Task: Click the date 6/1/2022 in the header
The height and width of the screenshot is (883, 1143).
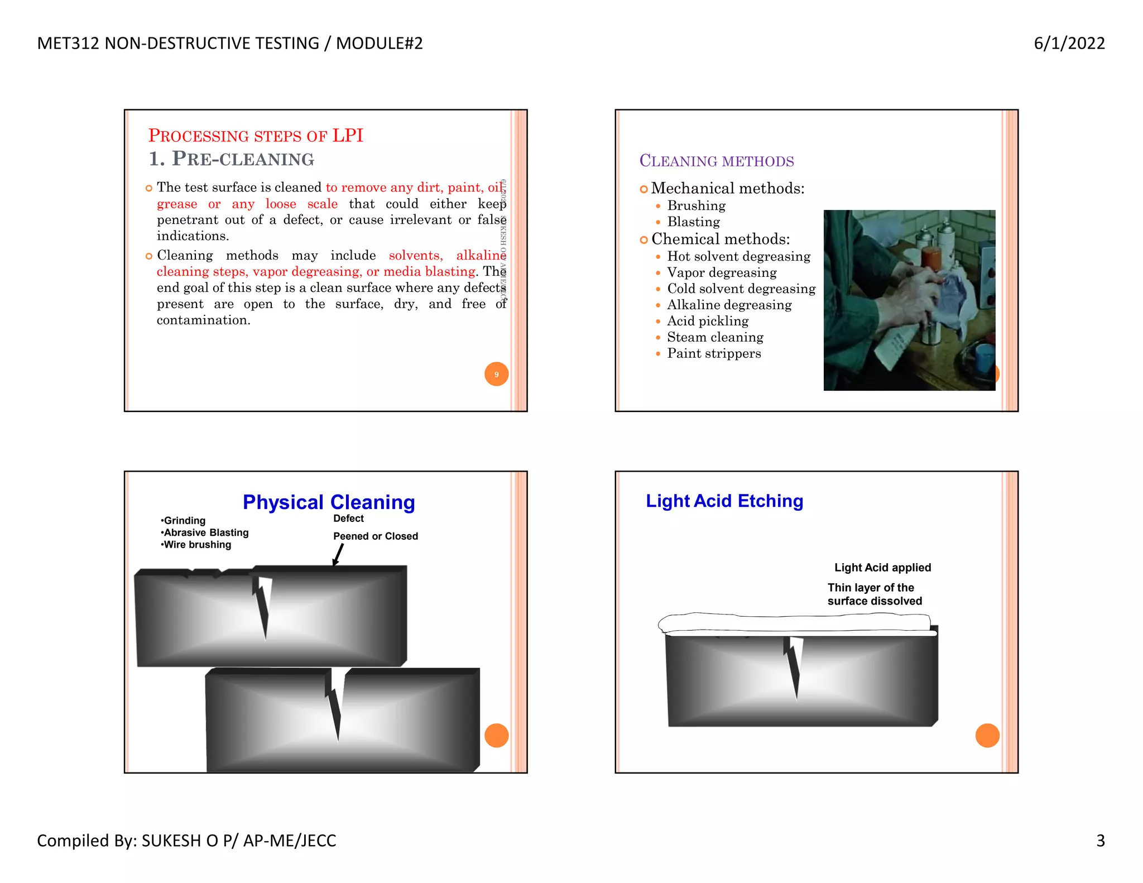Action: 1069,43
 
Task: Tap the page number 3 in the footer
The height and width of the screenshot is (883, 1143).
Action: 1100,840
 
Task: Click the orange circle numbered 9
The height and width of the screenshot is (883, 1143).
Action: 496,374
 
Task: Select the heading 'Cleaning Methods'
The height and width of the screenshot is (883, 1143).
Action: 716,161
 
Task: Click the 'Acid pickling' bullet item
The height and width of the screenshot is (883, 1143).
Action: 707,321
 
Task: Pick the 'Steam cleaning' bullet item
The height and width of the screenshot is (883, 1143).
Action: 714,337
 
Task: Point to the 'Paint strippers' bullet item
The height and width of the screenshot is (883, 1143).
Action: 713,353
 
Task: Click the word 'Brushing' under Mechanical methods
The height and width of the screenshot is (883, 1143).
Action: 696,206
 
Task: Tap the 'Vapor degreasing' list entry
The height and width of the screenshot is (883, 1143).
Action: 721,272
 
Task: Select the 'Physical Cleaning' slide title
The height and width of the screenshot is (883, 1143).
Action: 329,502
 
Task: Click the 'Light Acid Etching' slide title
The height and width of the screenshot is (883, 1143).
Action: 724,501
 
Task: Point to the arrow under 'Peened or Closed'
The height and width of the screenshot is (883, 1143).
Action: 338,554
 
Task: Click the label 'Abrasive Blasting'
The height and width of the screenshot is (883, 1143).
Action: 205,532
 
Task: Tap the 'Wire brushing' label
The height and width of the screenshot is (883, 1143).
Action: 196,545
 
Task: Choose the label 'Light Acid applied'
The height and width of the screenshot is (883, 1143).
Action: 882,568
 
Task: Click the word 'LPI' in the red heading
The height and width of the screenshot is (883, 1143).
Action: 347,136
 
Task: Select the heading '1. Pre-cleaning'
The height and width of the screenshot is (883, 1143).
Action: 231,159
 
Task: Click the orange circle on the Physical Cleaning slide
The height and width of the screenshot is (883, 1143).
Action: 496,735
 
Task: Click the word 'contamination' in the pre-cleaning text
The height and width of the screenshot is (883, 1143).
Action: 203,320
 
